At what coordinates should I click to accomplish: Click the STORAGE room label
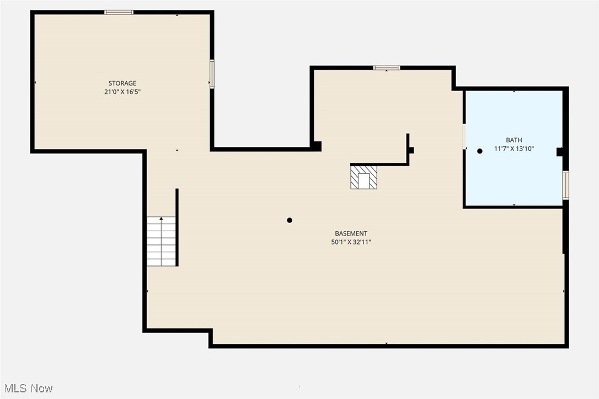(x=122, y=83)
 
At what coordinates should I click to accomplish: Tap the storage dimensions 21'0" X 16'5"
(x=122, y=92)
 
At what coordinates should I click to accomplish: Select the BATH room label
(x=514, y=140)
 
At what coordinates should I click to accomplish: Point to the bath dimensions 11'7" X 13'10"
(x=514, y=149)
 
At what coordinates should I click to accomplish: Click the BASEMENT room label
(x=351, y=233)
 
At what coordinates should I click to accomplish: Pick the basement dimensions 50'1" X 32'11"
(x=351, y=242)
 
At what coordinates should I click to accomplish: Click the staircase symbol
(x=161, y=241)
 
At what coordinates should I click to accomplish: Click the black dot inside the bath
(x=480, y=151)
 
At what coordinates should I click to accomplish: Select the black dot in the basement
(x=290, y=220)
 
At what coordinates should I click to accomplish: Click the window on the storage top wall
(x=119, y=12)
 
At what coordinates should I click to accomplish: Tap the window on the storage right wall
(x=212, y=74)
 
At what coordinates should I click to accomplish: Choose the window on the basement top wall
(x=386, y=68)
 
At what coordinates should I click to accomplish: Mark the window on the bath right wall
(x=565, y=185)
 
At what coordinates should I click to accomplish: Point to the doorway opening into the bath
(x=464, y=136)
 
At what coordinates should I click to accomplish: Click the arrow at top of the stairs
(x=161, y=219)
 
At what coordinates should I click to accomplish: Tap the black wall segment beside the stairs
(x=177, y=227)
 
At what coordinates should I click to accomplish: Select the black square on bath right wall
(x=559, y=152)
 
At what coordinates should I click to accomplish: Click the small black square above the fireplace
(x=411, y=150)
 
